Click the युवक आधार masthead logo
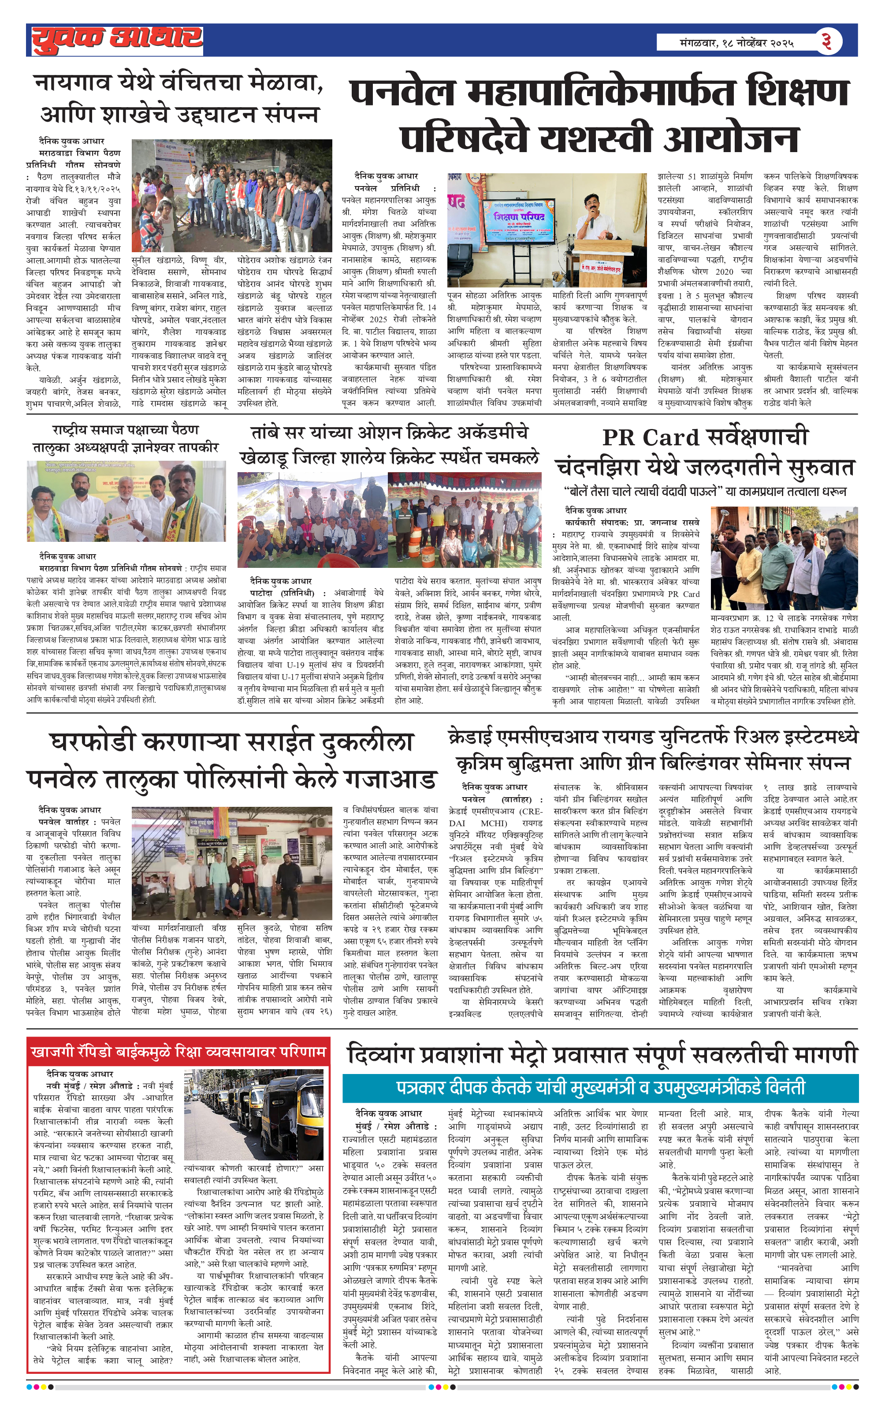point(117,40)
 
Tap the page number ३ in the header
point(826,41)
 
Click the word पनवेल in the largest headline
point(402,93)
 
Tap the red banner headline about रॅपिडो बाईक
point(178,1052)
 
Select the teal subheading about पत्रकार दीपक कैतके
point(600,1088)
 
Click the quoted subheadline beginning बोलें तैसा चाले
point(705,492)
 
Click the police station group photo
point(231,864)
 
